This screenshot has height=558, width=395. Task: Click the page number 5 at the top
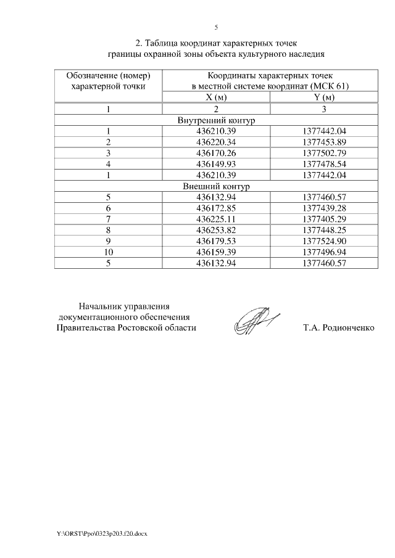point(216,27)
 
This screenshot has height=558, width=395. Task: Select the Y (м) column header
point(325,97)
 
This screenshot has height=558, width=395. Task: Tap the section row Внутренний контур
point(216,120)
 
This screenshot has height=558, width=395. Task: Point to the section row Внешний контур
point(216,186)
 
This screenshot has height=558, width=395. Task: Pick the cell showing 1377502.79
point(325,153)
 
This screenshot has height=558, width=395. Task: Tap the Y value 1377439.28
point(325,208)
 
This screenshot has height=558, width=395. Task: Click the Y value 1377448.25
point(325,229)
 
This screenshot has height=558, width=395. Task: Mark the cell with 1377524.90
point(325,240)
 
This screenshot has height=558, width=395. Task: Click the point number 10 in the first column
point(108,252)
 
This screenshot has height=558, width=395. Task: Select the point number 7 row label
point(108,219)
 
